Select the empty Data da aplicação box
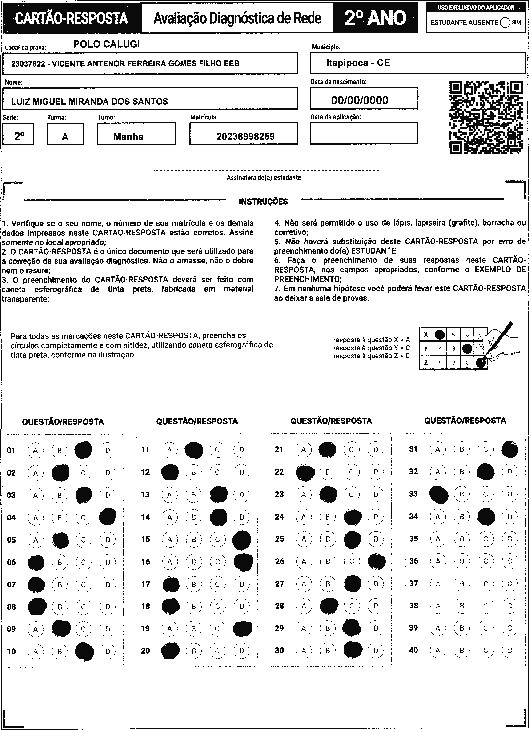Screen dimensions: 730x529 (364, 133)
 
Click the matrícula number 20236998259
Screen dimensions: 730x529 (245, 136)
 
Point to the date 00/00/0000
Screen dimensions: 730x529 (360, 100)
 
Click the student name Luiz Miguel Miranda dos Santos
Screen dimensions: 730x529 (89, 102)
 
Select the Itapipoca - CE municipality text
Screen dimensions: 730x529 (358, 63)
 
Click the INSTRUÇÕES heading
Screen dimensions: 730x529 (263, 202)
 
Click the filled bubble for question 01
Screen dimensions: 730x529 (83, 450)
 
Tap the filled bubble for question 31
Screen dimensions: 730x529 (510, 450)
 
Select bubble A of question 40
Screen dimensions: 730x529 (437, 650)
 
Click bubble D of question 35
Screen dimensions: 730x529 (510, 539)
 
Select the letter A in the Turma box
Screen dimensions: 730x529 (65, 137)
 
